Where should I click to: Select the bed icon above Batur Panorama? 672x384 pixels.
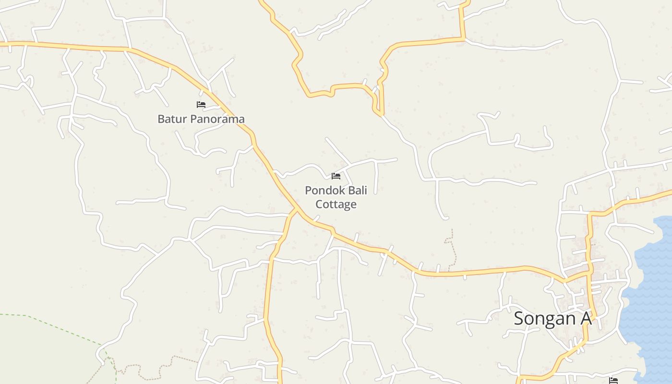point(201,104)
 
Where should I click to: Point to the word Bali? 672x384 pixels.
point(357,191)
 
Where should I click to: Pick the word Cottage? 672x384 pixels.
point(336,204)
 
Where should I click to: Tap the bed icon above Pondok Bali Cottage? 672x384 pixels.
point(336,176)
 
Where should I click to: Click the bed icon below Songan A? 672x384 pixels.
point(613,380)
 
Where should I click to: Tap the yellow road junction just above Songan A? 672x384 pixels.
point(589,273)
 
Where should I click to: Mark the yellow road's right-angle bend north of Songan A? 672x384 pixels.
point(590,213)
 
